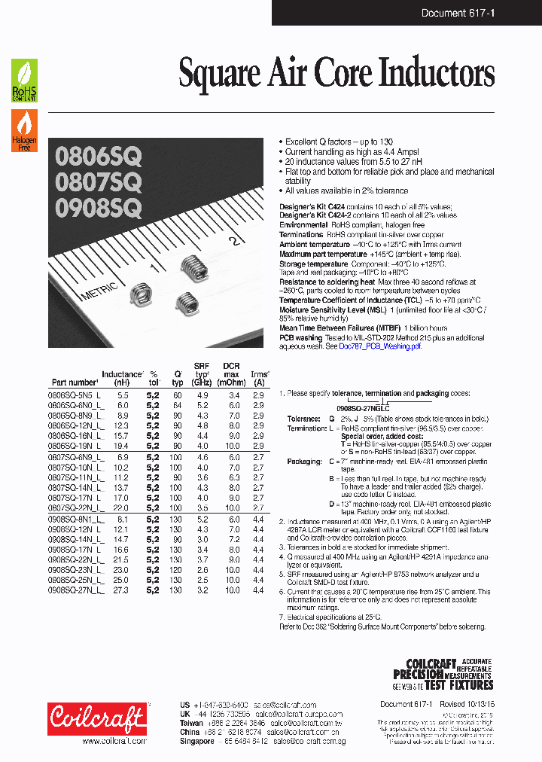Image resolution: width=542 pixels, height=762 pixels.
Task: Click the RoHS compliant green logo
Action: pyautogui.click(x=24, y=80)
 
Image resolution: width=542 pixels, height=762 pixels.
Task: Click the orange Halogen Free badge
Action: pyautogui.click(x=24, y=130)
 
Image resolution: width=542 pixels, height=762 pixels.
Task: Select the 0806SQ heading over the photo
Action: pyautogui.click(x=98, y=156)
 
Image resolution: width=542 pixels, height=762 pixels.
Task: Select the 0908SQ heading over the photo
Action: pyautogui.click(x=98, y=207)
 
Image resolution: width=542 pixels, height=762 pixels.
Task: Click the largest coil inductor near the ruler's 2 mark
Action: pyautogui.click(x=194, y=267)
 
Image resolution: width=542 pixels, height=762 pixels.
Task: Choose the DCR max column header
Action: pyautogui.click(x=232, y=374)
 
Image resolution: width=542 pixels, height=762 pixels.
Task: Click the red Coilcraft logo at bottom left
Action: pyautogui.click(x=98, y=718)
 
